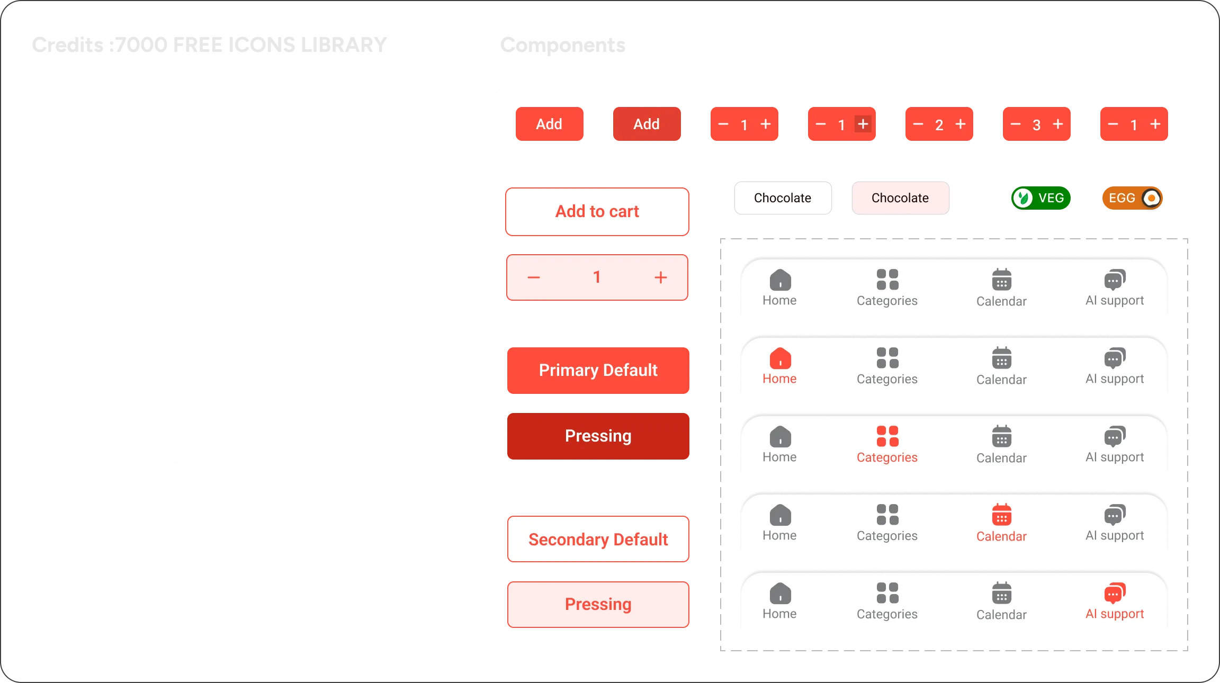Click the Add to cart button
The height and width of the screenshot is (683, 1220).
pos(597,212)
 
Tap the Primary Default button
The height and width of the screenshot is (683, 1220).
pos(598,370)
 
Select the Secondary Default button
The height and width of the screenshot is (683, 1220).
pos(598,540)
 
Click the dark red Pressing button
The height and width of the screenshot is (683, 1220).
pos(598,436)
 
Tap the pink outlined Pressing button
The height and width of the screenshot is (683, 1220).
pos(598,604)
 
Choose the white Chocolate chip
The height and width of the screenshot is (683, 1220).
pos(782,198)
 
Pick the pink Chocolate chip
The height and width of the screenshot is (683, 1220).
pos(900,198)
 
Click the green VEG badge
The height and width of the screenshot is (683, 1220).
pos(1040,198)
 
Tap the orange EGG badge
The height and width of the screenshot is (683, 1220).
pos(1132,198)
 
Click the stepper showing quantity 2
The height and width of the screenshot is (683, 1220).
pos(939,125)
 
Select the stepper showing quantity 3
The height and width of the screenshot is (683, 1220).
pos(1036,125)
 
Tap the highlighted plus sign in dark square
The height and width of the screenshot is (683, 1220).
pos(863,124)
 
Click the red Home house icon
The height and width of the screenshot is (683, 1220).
pos(780,358)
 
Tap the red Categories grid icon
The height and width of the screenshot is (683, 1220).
pos(887,436)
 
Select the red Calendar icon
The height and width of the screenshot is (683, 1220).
pos(1001,515)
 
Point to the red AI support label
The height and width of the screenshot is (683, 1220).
pos(1115,614)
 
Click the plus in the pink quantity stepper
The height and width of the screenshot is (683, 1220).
pos(660,277)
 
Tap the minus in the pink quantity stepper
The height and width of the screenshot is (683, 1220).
pos(534,277)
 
